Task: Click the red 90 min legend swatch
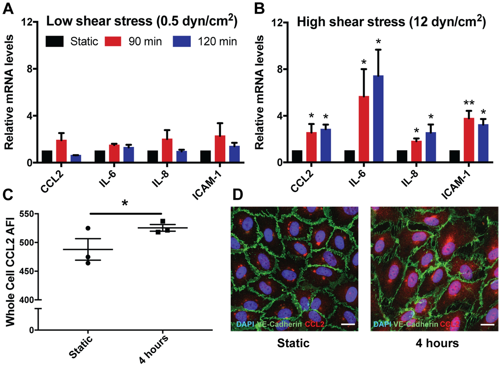tap(113, 41)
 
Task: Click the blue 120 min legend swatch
tap(182, 41)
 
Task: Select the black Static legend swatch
tap(54, 41)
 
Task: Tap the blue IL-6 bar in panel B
tap(378, 118)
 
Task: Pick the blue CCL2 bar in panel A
tap(76, 158)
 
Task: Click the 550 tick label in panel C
tap(27, 214)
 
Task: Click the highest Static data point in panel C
tap(88, 228)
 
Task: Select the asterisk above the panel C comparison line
tap(125, 203)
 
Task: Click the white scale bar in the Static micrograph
tap(348, 324)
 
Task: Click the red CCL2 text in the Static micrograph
tap(314, 324)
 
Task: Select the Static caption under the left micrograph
tap(293, 343)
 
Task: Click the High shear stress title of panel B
tap(391, 22)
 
